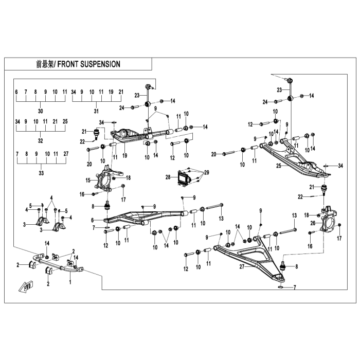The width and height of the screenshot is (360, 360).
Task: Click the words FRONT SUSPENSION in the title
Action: pyautogui.click(x=88, y=64)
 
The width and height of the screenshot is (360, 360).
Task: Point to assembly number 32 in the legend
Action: pyautogui.click(x=41, y=140)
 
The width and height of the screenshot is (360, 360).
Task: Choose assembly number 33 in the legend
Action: pyautogui.click(x=41, y=173)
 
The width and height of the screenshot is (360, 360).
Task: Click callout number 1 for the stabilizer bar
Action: pyautogui.click(x=70, y=282)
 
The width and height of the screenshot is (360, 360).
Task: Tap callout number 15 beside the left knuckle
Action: pyautogui.click(x=88, y=180)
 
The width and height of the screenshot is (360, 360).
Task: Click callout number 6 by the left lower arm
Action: pyautogui.click(x=93, y=220)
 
